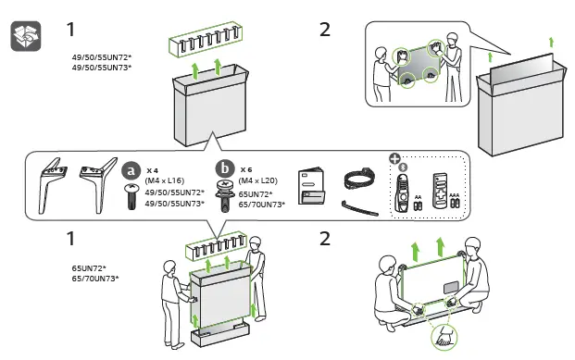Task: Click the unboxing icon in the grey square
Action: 26,36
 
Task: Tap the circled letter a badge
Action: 131,170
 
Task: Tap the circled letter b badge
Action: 225,168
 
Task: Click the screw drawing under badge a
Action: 131,196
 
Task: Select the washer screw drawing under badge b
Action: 226,196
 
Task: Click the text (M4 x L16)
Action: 164,180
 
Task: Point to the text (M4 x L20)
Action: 257,180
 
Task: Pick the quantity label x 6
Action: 246,169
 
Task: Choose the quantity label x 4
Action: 152,170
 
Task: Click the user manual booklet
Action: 311,186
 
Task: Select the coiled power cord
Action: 359,179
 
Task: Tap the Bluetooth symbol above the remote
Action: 403,168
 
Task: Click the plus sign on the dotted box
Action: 394,159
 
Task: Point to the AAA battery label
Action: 455,195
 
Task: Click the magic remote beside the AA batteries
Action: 402,192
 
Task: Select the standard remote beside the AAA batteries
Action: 440,191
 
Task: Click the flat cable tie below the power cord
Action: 360,208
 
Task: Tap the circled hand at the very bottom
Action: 444,337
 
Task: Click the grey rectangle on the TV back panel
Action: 451,287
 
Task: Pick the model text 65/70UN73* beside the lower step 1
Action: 95,279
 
